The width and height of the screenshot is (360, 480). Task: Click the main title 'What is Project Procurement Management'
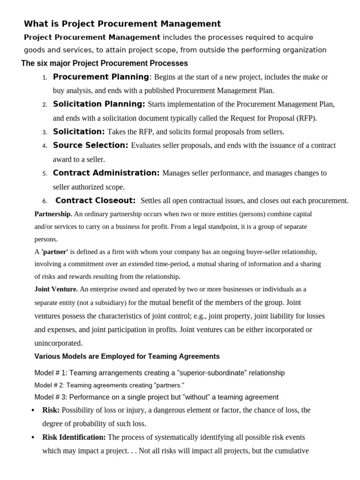122,24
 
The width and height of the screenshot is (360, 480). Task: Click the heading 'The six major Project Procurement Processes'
105,63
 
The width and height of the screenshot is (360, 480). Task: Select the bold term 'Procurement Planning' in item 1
101,77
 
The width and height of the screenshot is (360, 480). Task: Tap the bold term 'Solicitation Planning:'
99,104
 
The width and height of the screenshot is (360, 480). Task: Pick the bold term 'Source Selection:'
90,145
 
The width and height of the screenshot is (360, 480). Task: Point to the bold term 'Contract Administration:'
106,173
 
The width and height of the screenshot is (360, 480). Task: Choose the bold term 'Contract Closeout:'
96,201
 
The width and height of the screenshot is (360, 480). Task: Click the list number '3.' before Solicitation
45,133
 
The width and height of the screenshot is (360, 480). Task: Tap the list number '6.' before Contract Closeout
45,202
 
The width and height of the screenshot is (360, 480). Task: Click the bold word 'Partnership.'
53,214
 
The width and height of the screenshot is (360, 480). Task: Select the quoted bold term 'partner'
55,252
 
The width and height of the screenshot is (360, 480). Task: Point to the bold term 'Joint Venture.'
56,289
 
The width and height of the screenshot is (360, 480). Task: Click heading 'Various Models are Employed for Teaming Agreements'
127,357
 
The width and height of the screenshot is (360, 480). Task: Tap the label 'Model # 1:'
51,373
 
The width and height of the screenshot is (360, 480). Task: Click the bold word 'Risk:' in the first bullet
51,410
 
